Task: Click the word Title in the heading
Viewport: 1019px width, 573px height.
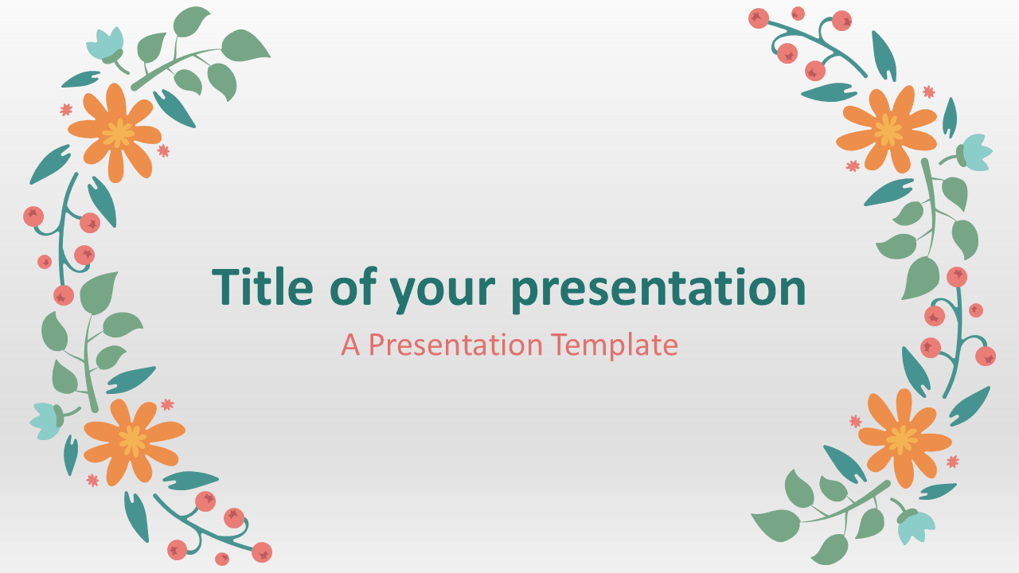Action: pos(263,287)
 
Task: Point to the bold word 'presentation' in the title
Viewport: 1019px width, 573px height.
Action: pos(658,291)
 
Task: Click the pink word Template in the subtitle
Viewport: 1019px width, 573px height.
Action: pos(614,345)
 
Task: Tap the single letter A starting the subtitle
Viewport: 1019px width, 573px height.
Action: pos(350,345)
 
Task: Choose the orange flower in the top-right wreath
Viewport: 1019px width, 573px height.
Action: pos(887,130)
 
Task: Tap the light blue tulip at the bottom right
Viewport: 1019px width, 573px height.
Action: pos(915,525)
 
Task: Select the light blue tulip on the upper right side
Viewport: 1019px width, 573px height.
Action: pos(974,152)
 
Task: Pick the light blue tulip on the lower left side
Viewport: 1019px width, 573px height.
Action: pos(47,421)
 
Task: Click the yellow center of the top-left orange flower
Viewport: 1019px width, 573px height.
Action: pos(118,133)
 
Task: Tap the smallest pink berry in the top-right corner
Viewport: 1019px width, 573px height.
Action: pos(798,14)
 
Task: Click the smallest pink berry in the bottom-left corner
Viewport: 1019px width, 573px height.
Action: pos(222,559)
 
